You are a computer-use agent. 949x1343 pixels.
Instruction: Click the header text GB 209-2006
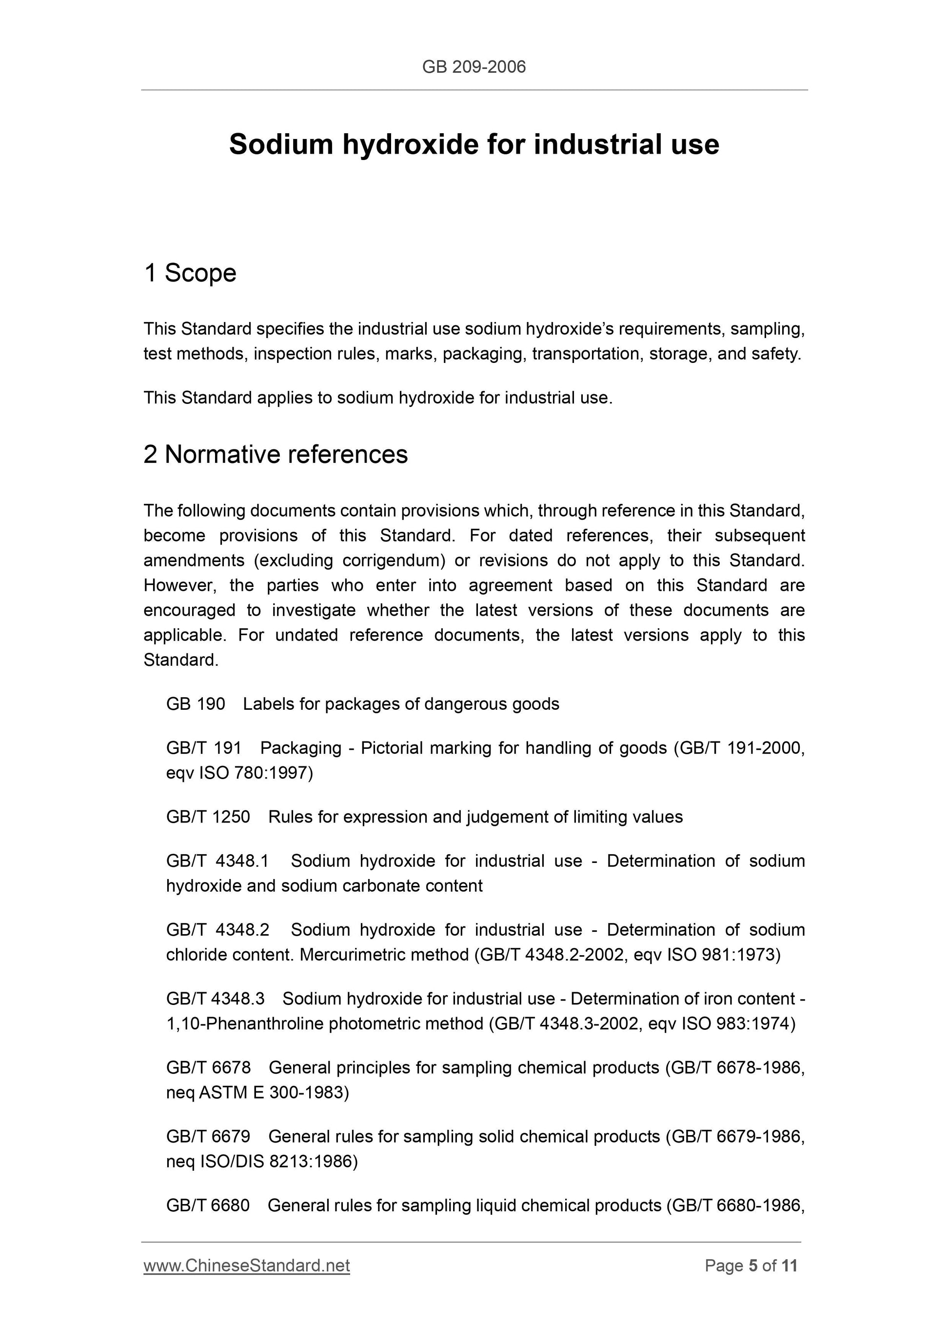474,67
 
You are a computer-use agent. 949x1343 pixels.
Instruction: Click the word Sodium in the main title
281,144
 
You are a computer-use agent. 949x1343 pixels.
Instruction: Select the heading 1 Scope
190,273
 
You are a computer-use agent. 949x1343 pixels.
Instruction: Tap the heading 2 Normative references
276,455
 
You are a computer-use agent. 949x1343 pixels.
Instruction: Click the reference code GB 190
195,703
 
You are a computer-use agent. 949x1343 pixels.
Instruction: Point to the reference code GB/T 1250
208,817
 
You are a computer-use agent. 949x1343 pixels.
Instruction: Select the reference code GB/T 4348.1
217,861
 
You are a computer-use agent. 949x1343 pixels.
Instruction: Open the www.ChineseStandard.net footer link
247,1266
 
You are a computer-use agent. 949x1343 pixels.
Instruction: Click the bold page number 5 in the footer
753,1266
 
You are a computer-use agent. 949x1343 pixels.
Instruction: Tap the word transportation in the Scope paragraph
585,354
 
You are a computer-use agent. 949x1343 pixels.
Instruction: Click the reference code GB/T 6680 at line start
208,1205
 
